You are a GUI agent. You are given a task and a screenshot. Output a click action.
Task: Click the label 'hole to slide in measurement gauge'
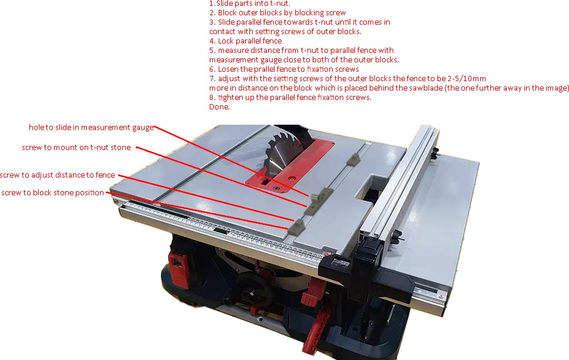tap(91, 128)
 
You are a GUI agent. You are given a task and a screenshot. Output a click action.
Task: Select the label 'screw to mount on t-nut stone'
tap(76, 148)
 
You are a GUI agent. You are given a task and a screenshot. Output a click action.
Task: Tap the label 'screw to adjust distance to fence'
tap(58, 175)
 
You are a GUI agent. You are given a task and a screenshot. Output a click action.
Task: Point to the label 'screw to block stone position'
tap(53, 192)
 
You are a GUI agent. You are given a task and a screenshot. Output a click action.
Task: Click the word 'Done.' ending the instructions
tap(219, 107)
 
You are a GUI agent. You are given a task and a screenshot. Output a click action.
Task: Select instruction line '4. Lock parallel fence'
tap(246, 41)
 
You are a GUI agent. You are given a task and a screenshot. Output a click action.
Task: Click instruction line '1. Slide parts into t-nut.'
tap(250, 4)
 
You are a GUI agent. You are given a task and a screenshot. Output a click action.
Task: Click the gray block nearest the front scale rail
tap(296, 226)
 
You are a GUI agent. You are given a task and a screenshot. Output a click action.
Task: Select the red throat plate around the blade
tap(290, 165)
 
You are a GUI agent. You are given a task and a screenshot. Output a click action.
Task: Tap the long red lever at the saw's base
tap(316, 329)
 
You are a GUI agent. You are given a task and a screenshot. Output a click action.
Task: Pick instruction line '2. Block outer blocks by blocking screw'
tap(277, 13)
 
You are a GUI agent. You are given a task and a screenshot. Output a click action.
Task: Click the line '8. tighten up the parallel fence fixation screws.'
tap(290, 98)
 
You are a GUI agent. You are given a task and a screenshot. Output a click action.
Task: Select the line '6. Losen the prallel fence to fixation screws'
tap(284, 69)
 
